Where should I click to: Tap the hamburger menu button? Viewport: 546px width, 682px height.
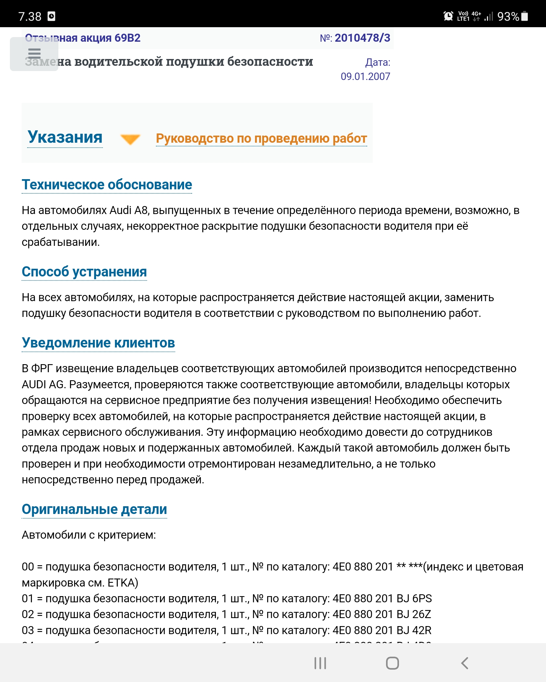point(34,53)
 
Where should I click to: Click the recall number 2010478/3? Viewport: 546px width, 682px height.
point(362,38)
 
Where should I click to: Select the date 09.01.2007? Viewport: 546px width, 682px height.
point(365,77)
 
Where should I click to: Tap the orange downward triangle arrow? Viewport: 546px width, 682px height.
point(130,139)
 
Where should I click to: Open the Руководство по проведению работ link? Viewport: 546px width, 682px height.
point(261,139)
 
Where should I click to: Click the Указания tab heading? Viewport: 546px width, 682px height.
point(65,137)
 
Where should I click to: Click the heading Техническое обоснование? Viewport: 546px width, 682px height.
point(107,185)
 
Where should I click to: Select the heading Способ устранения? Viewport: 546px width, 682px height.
point(84,272)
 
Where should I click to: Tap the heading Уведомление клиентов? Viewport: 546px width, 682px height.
point(98,343)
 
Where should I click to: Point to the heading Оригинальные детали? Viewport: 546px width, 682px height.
point(94,509)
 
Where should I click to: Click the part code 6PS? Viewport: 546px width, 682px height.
point(422,599)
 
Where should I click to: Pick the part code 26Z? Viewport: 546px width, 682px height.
point(422,614)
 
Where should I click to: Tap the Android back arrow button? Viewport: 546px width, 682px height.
point(464,663)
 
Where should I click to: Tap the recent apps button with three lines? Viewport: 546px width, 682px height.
point(320,663)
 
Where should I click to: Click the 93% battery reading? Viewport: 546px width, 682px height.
point(508,16)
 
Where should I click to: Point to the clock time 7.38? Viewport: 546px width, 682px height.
point(30,16)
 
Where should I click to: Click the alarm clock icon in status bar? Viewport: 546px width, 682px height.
point(448,16)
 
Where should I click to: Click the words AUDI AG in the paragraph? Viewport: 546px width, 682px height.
point(43,385)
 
